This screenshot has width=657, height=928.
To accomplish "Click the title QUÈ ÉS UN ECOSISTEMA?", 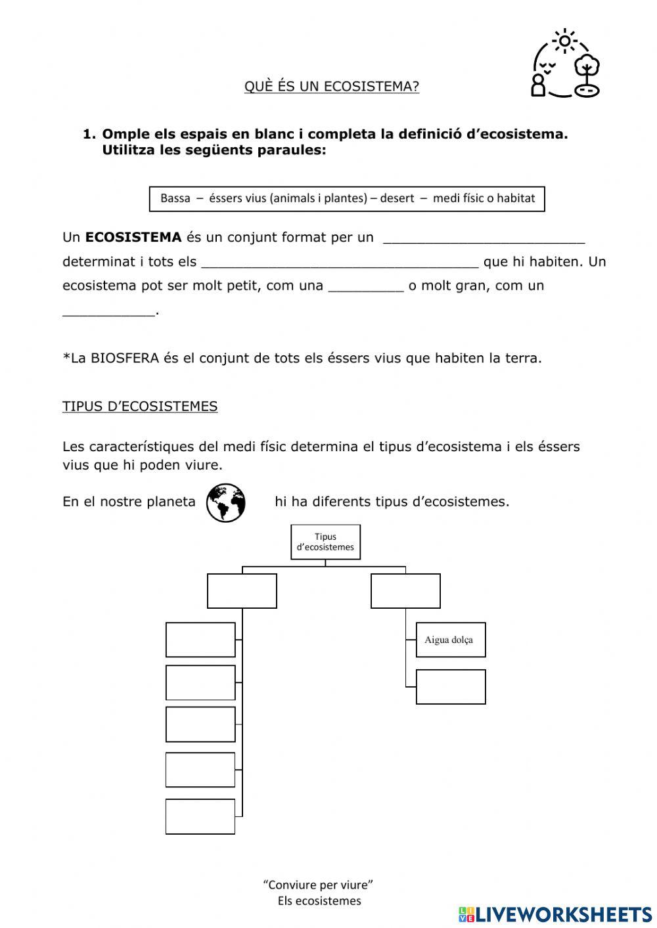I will pos(331,87).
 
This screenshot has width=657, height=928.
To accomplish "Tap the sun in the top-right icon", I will pos(564,41).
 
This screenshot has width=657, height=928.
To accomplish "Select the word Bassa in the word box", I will pos(175,198).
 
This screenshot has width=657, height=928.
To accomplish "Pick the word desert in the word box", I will pos(396,198).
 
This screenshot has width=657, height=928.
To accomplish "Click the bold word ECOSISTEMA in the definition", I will pos(133,237).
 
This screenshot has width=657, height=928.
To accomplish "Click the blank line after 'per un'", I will pos(484,239).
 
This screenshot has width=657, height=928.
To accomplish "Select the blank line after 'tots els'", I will pos(340,263).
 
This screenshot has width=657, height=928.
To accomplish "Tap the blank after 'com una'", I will pos(365,288).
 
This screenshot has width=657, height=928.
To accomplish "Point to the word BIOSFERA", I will pos(125,359).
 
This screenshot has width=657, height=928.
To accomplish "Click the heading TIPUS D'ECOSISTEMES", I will pos(140,407).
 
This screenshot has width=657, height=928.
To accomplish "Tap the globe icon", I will pos(225,503).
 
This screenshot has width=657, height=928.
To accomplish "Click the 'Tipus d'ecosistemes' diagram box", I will pos(325,542).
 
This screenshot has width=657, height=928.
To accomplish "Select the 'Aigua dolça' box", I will pos(451,640).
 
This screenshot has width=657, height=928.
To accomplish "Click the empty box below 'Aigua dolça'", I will pos(451,687).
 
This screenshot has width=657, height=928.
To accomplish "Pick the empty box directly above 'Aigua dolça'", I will pos(405,591).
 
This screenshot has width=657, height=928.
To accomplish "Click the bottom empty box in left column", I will pos(200,816).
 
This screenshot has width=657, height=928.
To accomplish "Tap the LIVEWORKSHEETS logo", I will pos(555,914).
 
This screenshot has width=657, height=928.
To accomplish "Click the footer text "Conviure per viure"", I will pos(318,885).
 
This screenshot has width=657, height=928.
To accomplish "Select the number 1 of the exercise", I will pos(88,135).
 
